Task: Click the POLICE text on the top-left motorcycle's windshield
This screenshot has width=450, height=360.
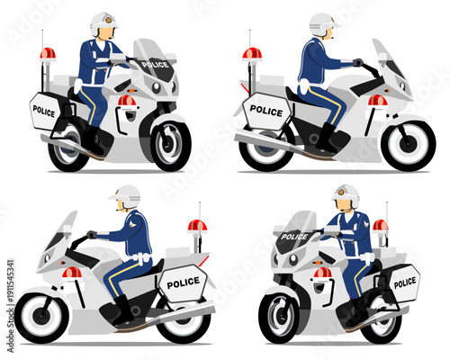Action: tap(155, 65)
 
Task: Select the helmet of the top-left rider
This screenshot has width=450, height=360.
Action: tap(103, 22)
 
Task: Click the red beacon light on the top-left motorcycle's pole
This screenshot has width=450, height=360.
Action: tap(48, 54)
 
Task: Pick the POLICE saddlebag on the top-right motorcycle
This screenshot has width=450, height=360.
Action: tap(266, 111)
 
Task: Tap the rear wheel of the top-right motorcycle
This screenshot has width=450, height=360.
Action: tap(265, 148)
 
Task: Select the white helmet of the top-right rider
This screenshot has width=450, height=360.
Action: tap(321, 22)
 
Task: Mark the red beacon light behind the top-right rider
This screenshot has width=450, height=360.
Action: tap(252, 54)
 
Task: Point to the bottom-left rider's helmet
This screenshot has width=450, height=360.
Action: tap(128, 194)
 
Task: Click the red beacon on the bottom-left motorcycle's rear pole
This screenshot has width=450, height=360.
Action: tap(197, 226)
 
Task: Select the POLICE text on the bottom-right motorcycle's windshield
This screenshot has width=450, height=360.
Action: tap(294, 237)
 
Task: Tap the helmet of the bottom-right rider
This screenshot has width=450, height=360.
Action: tap(346, 194)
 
